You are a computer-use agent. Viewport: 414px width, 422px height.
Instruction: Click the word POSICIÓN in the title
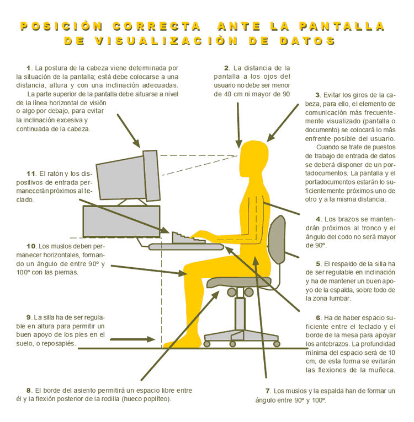point(61,26)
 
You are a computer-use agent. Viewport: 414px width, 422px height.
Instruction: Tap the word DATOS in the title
point(307,41)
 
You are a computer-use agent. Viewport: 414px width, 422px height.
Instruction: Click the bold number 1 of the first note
point(29,68)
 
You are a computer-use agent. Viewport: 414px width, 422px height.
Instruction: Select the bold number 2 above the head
point(226,68)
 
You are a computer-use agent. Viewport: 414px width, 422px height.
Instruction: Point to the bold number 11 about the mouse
point(31,174)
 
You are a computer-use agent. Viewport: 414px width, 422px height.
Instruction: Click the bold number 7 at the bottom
point(268,391)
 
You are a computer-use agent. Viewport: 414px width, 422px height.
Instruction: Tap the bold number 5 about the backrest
point(319,264)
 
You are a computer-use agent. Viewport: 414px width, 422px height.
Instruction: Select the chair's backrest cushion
point(277,240)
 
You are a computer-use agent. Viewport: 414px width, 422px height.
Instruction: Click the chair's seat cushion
point(238,283)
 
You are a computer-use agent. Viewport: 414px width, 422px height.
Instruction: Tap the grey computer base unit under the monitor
point(121,221)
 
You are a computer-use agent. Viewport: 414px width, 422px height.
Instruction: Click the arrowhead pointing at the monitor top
point(136,143)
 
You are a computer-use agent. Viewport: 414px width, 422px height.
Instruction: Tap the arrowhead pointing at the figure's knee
point(182,273)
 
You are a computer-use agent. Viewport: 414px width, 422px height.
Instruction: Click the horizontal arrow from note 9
point(132,339)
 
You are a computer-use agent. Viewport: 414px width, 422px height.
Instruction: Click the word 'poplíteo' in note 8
point(158,399)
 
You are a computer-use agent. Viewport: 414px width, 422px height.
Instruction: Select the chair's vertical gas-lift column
point(240,313)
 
